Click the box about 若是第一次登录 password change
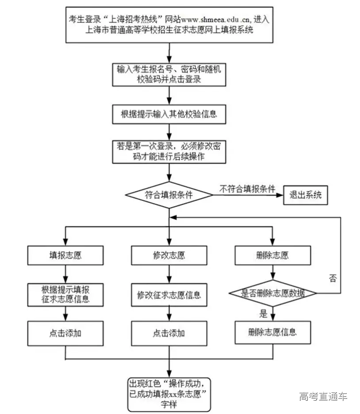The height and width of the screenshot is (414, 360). click(169, 151)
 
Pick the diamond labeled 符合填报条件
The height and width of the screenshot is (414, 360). click(169, 194)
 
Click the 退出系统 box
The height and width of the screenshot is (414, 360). click(305, 195)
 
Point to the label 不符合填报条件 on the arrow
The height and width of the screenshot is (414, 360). click(247, 189)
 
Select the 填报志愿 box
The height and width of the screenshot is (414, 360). click(65, 255)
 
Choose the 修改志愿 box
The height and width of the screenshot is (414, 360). click(169, 255)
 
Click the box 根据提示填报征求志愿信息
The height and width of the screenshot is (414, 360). click(65, 294)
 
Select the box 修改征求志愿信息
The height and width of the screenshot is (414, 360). click(169, 295)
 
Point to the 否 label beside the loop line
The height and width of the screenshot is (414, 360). click(333, 278)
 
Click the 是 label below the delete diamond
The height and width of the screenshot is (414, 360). click(264, 314)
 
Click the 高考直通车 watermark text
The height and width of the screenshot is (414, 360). click(323, 396)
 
